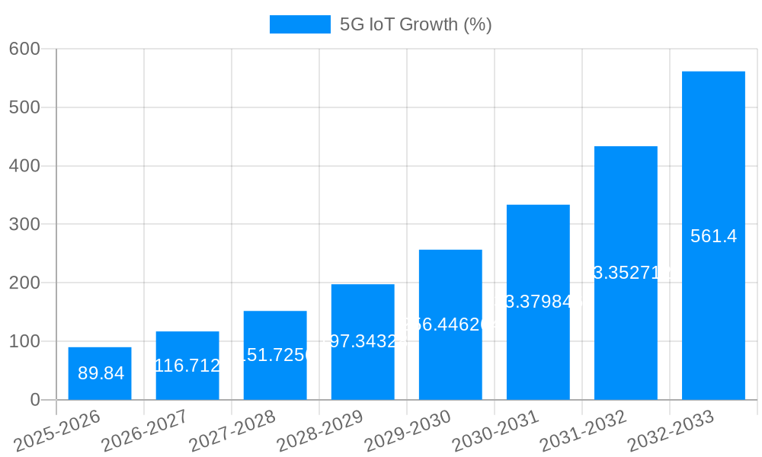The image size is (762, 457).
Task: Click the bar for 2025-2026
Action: [x=100, y=373]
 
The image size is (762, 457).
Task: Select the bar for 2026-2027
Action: [x=187, y=366]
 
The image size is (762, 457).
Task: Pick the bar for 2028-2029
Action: [x=363, y=342]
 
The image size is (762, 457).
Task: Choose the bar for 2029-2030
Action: [x=450, y=324]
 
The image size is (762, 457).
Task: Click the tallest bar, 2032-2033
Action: [x=713, y=235]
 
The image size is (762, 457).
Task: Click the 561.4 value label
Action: [x=713, y=236]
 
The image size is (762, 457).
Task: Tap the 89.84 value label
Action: [x=101, y=373]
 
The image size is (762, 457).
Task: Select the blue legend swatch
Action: [x=299, y=24]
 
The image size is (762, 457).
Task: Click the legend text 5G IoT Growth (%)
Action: [x=415, y=24]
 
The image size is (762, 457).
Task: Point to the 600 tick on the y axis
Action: [x=24, y=49]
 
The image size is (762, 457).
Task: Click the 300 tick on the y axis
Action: [x=24, y=224]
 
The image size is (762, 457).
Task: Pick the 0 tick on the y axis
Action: [x=34, y=400]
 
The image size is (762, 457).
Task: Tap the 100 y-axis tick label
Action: [x=24, y=341]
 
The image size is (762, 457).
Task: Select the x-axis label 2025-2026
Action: [x=57, y=430]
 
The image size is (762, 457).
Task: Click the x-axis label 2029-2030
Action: [x=408, y=430]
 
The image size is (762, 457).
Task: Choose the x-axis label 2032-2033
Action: [x=671, y=430]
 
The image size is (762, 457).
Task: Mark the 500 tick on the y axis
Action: [x=24, y=107]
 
